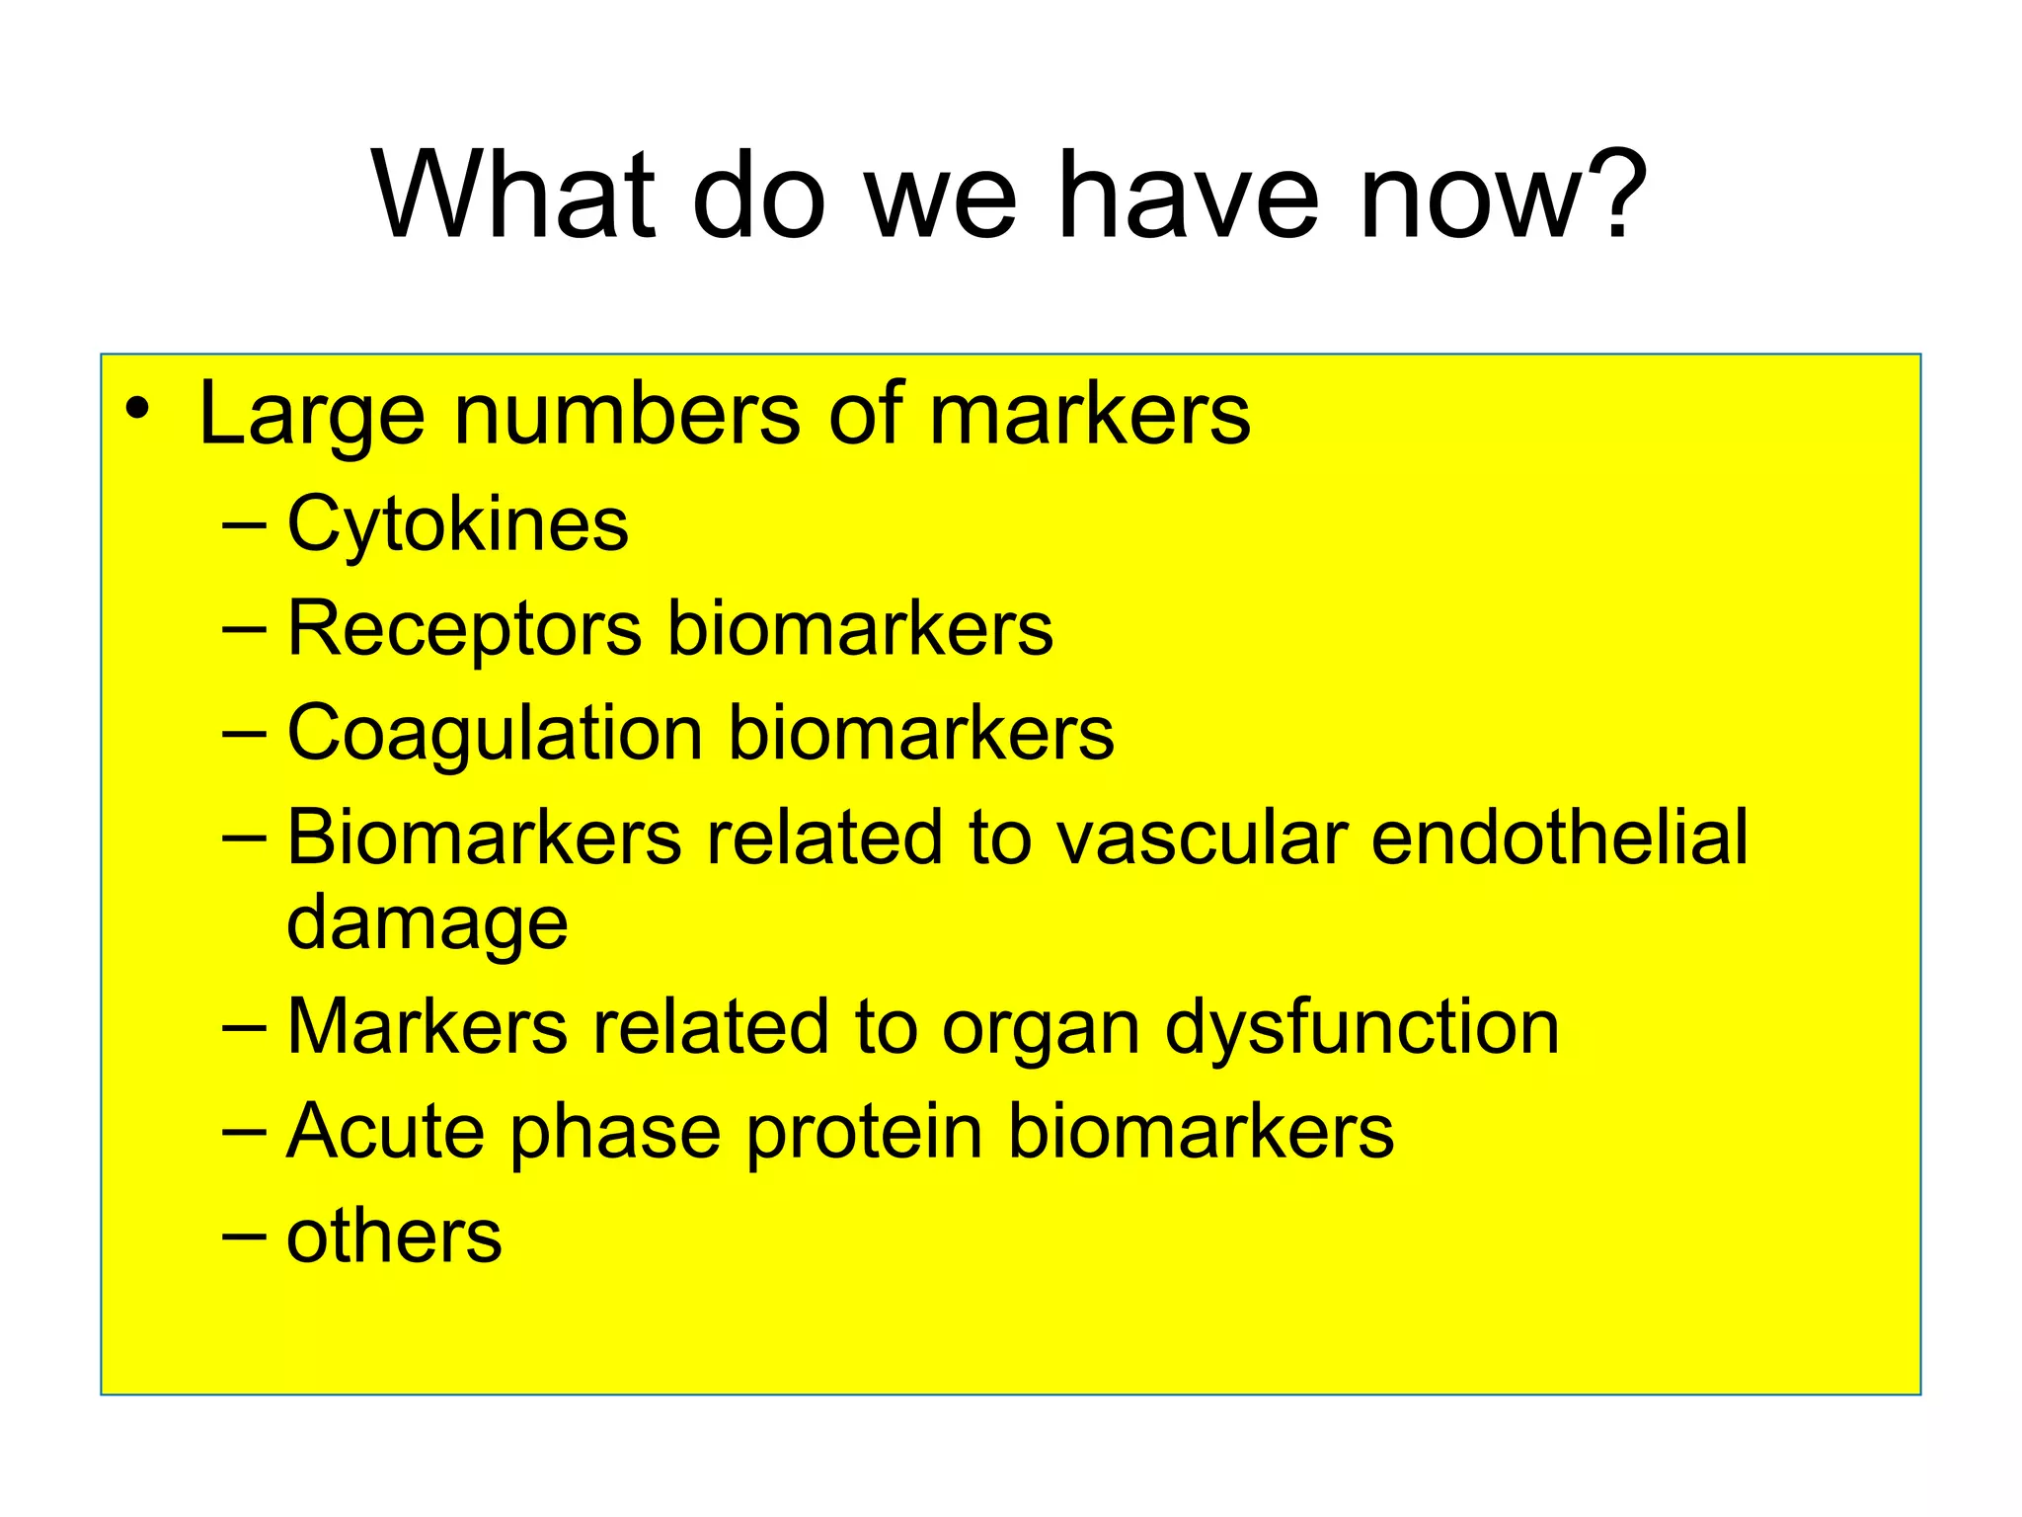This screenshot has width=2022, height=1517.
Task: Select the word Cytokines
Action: coord(457,524)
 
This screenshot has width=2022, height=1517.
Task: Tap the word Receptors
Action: coord(464,630)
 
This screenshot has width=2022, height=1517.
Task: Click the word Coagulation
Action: coord(495,735)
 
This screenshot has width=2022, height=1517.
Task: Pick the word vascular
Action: coord(1202,838)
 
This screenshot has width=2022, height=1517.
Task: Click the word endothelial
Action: coord(1560,838)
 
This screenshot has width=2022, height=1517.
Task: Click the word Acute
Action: coord(385,1133)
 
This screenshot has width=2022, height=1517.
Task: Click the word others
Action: coord(394,1237)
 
